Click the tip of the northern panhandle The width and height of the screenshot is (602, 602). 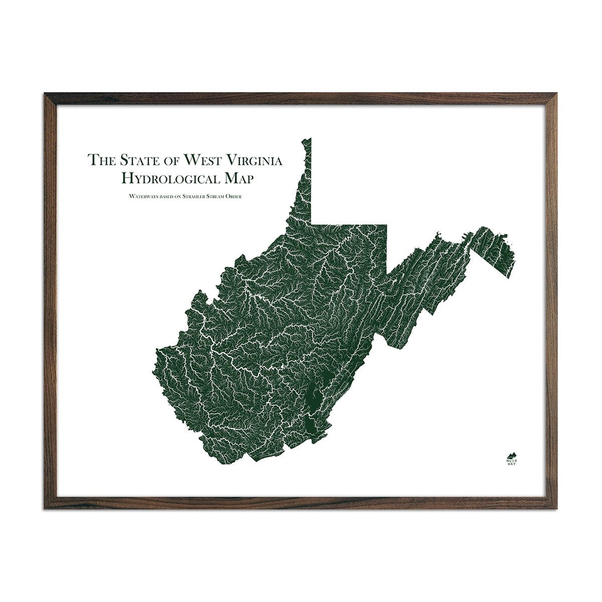pyautogui.click(x=310, y=139)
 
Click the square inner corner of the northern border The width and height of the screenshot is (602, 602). pyautogui.click(x=312, y=224)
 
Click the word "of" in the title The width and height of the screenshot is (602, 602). pyautogui.click(x=171, y=160)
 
